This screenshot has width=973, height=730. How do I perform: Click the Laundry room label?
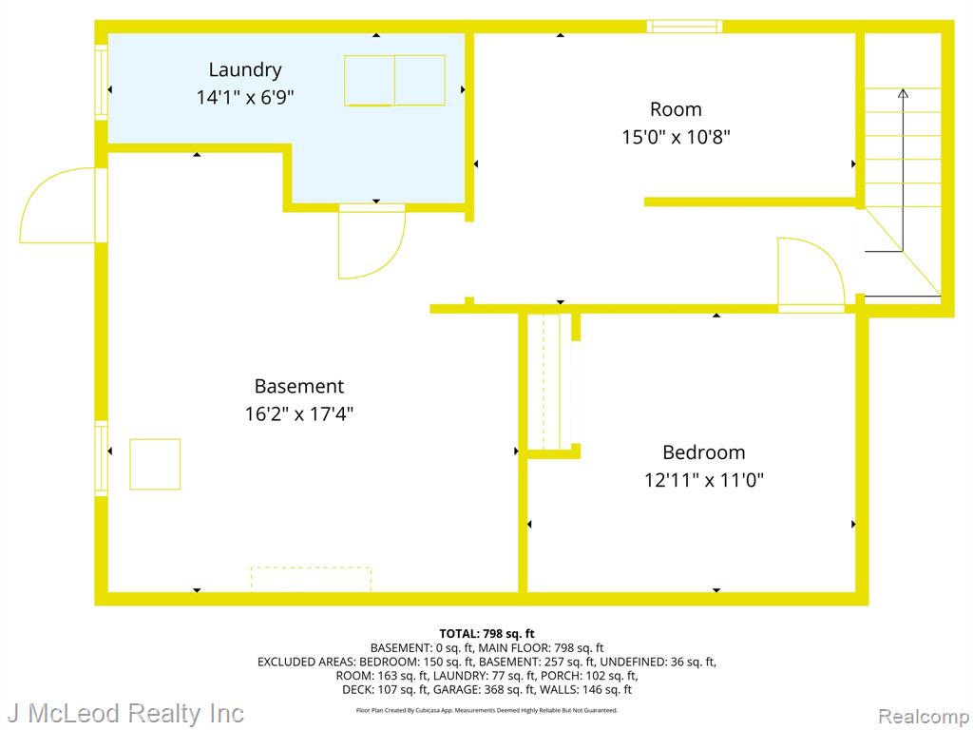point(245,70)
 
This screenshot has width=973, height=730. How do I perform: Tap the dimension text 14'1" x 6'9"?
point(245,98)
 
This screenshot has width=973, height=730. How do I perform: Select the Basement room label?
point(298,386)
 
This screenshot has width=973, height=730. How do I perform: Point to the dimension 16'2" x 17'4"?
point(299,413)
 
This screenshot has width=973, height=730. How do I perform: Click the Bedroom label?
point(704,452)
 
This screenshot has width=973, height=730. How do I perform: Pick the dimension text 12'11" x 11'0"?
point(704,480)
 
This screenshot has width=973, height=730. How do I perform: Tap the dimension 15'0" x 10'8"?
point(676,137)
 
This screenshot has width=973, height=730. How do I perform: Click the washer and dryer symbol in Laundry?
point(394,81)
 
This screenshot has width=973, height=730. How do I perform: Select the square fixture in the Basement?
point(155,464)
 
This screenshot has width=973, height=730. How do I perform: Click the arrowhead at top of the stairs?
point(903,93)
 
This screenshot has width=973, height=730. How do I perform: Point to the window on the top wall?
point(684,26)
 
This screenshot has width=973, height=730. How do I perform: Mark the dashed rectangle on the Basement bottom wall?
point(311,579)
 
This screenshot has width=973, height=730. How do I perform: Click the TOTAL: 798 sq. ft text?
point(486,634)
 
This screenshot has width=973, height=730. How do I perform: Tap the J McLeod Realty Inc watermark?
point(126,714)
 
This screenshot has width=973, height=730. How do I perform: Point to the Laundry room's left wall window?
point(101,82)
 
